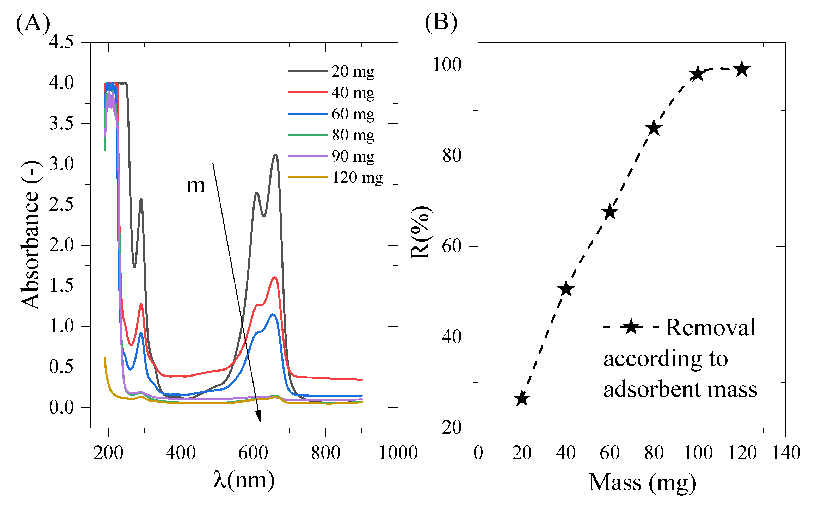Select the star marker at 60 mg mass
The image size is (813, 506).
tap(610, 212)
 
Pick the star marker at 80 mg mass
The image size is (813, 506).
tap(654, 128)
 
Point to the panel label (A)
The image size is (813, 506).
tap(33, 23)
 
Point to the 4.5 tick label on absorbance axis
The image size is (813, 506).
tap(61, 42)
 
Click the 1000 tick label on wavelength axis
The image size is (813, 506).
tap(398, 453)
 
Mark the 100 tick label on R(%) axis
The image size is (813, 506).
tap(447, 65)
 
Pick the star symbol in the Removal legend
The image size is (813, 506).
tap(631, 327)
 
